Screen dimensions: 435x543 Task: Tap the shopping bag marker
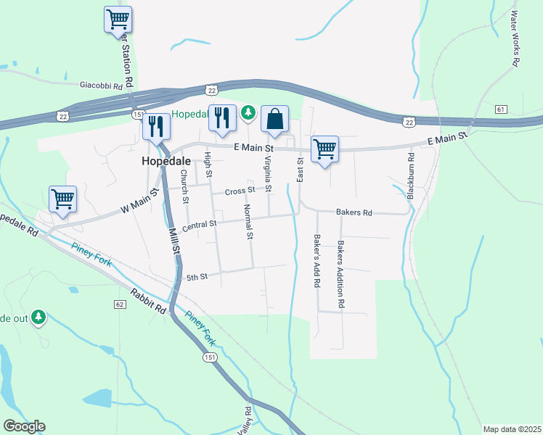[x=275, y=120]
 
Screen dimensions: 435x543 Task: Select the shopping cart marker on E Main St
[x=324, y=150]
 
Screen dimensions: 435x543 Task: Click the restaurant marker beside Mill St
[x=156, y=127]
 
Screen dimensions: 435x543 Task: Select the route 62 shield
[x=120, y=304]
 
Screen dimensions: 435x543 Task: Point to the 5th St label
[x=197, y=277]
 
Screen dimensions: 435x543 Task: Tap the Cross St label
[x=240, y=191]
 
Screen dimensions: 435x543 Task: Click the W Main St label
[x=139, y=202]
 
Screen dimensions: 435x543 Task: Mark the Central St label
[x=200, y=226]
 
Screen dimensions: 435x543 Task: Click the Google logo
[x=24, y=426]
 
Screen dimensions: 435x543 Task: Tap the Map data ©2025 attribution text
[x=512, y=429]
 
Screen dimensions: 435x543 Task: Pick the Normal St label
[x=248, y=222]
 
